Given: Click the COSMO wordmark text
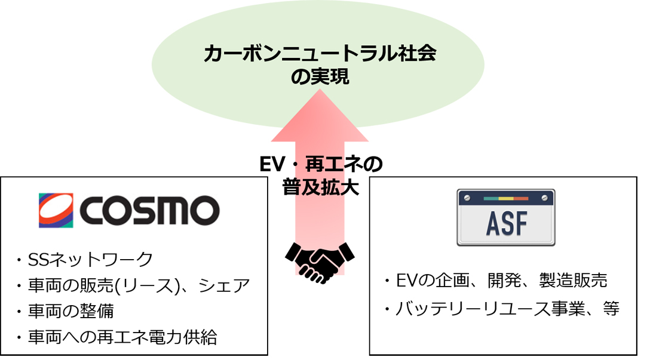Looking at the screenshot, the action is click(149, 210).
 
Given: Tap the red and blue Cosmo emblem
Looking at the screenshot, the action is click(56, 210).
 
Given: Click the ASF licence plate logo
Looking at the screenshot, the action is click(506, 218).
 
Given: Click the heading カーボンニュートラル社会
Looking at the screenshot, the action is click(320, 54).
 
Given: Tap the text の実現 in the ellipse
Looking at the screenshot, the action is click(320, 77).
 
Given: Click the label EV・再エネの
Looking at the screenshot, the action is click(321, 164).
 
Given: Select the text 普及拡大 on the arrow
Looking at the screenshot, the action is click(321, 187).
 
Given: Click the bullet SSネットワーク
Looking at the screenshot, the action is click(85, 260).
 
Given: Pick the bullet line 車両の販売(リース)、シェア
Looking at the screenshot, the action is click(133, 286).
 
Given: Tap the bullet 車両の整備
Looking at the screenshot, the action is click(65, 311).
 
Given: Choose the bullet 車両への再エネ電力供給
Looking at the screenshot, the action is click(116, 337).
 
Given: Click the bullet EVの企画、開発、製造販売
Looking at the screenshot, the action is click(496, 281).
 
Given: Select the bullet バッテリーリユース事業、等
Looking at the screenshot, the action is click(502, 309).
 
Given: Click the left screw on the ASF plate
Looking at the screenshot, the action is click(467, 198).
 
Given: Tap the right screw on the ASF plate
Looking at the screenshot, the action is click(545, 198).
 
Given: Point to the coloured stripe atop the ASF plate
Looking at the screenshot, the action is click(506, 198).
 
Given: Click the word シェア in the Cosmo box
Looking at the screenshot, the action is click(225, 286).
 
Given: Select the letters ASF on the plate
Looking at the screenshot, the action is click(507, 223).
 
